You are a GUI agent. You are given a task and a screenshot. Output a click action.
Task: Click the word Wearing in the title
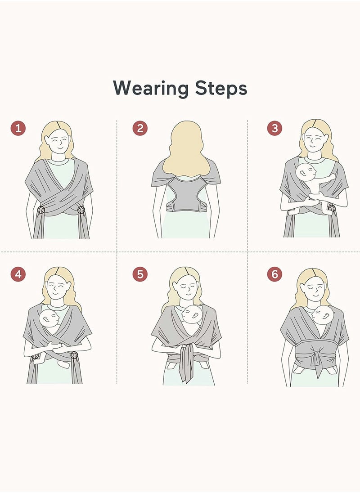(151, 89)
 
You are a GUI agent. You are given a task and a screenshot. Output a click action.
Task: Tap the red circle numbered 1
(18, 128)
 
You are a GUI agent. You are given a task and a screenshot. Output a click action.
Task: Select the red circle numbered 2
(140, 128)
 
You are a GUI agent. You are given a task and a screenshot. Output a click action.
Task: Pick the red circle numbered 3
(274, 128)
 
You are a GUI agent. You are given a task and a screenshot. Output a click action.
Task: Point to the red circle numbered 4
(18, 274)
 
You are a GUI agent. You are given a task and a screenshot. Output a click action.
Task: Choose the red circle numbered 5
(140, 274)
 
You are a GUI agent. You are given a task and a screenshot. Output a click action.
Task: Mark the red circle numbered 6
(274, 274)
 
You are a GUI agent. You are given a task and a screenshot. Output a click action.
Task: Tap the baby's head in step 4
(49, 318)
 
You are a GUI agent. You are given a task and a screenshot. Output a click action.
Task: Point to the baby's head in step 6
(323, 315)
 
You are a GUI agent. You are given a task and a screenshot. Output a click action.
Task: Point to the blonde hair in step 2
(186, 148)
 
